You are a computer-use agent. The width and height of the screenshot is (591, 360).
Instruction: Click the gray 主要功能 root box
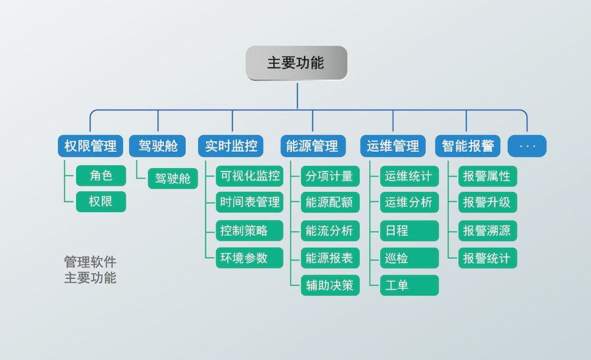pos(296,63)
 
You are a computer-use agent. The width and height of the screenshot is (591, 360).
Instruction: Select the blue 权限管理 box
pos(91,146)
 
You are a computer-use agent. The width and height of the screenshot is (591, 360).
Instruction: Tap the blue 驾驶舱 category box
pos(158,146)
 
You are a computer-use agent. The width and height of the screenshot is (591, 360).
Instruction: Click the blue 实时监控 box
pos(230,146)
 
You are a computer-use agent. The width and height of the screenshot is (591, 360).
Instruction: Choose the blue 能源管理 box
pos(313,146)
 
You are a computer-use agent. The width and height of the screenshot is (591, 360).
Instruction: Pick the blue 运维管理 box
pos(393,146)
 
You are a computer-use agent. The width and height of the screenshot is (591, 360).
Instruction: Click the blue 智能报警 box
pos(468,146)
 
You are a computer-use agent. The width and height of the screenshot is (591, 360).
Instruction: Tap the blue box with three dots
pos(527,146)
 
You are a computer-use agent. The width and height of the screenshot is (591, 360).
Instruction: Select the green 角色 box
pos(100,175)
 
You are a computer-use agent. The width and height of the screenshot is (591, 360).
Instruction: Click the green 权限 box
pos(100,202)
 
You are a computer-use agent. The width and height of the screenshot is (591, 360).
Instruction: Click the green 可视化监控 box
pos(250,176)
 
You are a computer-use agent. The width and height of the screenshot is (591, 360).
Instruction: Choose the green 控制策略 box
pos(250,231)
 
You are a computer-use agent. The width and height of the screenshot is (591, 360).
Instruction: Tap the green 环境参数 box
pos(250,258)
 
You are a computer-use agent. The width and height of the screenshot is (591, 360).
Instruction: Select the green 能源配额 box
pos(330,203)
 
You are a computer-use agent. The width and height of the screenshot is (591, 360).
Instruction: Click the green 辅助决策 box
pos(330,285)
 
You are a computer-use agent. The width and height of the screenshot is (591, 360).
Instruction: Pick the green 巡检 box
pos(409,258)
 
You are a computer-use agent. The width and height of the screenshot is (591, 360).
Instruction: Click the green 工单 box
pos(409,285)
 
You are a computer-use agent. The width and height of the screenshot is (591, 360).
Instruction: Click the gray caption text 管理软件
pos(90,262)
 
